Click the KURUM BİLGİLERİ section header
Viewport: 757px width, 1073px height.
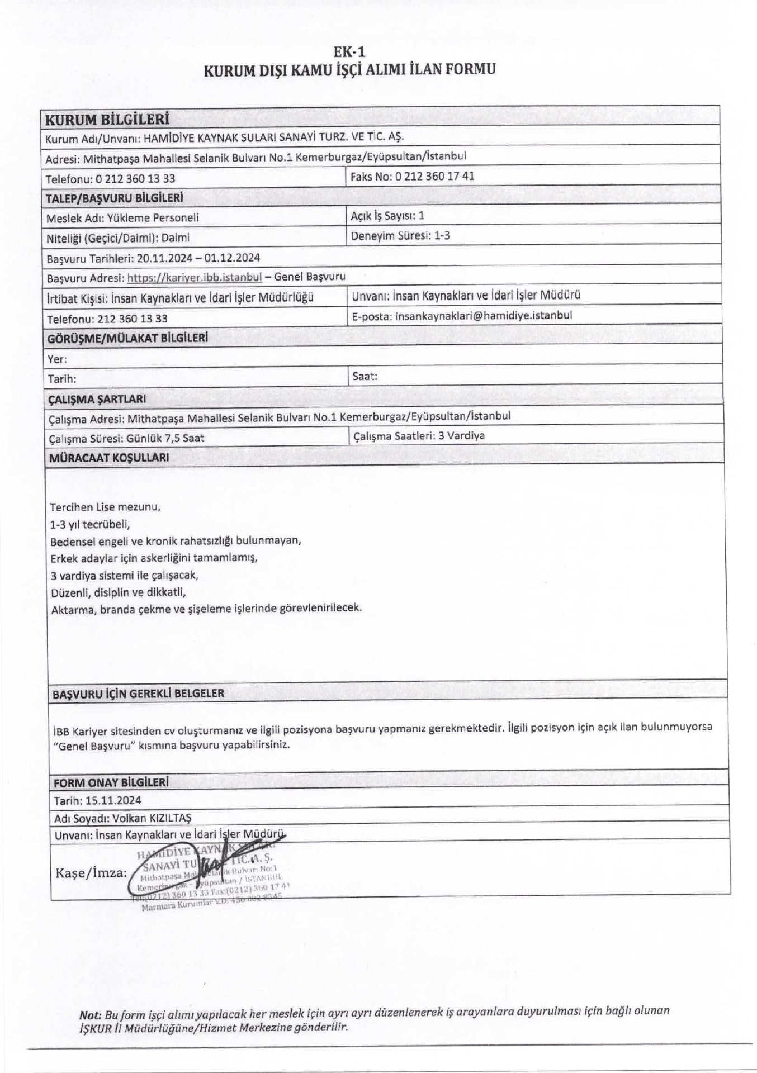point(107,120)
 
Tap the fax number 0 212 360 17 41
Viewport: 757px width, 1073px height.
point(434,176)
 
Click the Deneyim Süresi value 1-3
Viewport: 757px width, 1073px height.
point(441,235)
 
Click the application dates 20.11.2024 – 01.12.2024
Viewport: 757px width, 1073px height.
point(198,258)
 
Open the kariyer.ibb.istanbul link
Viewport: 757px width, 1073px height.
point(194,277)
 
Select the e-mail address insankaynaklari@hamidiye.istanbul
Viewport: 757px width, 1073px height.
point(483,315)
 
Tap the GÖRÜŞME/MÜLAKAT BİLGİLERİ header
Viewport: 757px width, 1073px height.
point(127,338)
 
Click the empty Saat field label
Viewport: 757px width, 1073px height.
point(365,376)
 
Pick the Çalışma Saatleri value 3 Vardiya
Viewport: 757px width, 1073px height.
point(461,436)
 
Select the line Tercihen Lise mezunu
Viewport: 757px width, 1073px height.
point(105,507)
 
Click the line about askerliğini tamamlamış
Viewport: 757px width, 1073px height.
point(154,558)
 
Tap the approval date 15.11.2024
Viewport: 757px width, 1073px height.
point(113,800)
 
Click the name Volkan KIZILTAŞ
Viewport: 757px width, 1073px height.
point(152,818)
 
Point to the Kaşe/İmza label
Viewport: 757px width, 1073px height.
point(91,872)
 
